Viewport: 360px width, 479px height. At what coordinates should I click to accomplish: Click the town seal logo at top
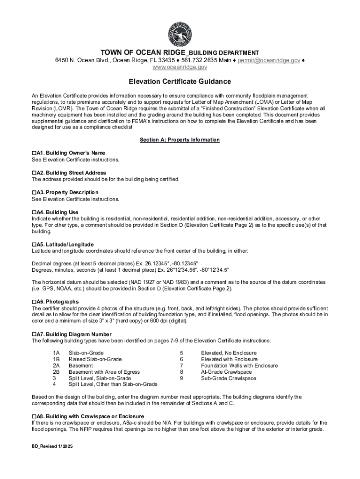[x=180, y=33]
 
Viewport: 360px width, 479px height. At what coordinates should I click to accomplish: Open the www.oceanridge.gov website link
[x=180, y=67]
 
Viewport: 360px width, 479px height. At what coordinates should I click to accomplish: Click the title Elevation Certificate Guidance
[x=180, y=81]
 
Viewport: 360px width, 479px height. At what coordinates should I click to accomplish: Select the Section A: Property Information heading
[x=180, y=140]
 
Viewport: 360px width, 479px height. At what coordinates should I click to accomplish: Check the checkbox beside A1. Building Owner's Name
[x=34, y=153]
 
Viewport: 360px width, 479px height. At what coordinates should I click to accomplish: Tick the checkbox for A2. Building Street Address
[x=34, y=173]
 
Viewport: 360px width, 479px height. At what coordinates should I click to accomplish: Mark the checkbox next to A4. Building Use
[x=34, y=212]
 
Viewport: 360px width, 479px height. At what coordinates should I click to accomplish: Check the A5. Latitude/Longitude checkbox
[x=34, y=245]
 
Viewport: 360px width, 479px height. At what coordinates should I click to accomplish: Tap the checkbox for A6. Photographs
[x=34, y=302]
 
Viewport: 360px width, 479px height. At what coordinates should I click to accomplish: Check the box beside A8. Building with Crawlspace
[x=34, y=416]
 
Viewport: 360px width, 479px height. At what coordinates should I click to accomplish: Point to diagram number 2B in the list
[x=56, y=372]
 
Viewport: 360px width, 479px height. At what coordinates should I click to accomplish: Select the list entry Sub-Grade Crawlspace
[x=229, y=378]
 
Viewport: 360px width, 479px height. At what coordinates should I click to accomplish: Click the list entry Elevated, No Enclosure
[x=229, y=353]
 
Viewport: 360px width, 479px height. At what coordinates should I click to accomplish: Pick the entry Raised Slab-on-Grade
[x=95, y=359]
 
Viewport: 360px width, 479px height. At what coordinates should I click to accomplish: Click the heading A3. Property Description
[x=67, y=192]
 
